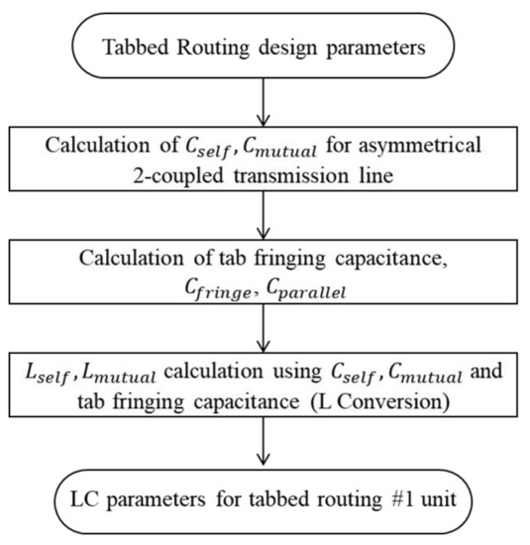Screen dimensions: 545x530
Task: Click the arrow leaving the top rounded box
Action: (x=265, y=101)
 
